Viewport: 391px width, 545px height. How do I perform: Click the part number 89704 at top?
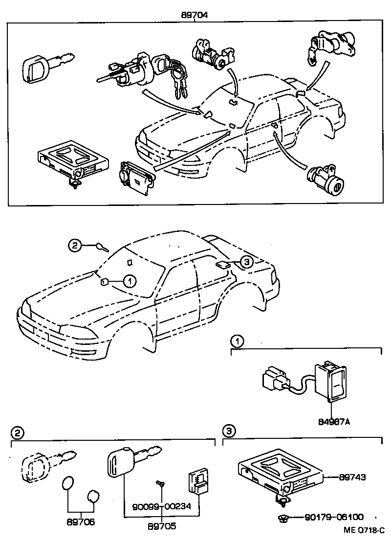coord(195,15)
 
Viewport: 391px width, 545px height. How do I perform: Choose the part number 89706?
coord(81,522)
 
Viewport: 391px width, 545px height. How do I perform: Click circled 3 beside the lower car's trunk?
coord(247,263)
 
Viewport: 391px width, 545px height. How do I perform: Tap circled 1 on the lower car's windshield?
coord(129,281)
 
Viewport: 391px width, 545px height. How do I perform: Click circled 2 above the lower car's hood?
coord(74,246)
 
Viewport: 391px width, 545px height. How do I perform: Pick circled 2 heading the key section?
coord(17,432)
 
